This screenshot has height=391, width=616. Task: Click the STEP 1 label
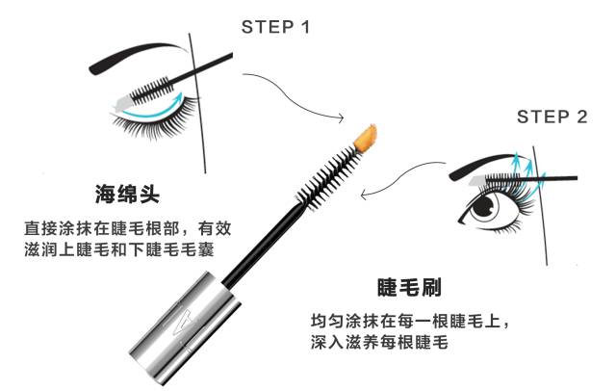(x=275, y=27)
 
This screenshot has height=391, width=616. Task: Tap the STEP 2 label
(x=552, y=117)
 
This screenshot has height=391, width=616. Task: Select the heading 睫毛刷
(x=408, y=286)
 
